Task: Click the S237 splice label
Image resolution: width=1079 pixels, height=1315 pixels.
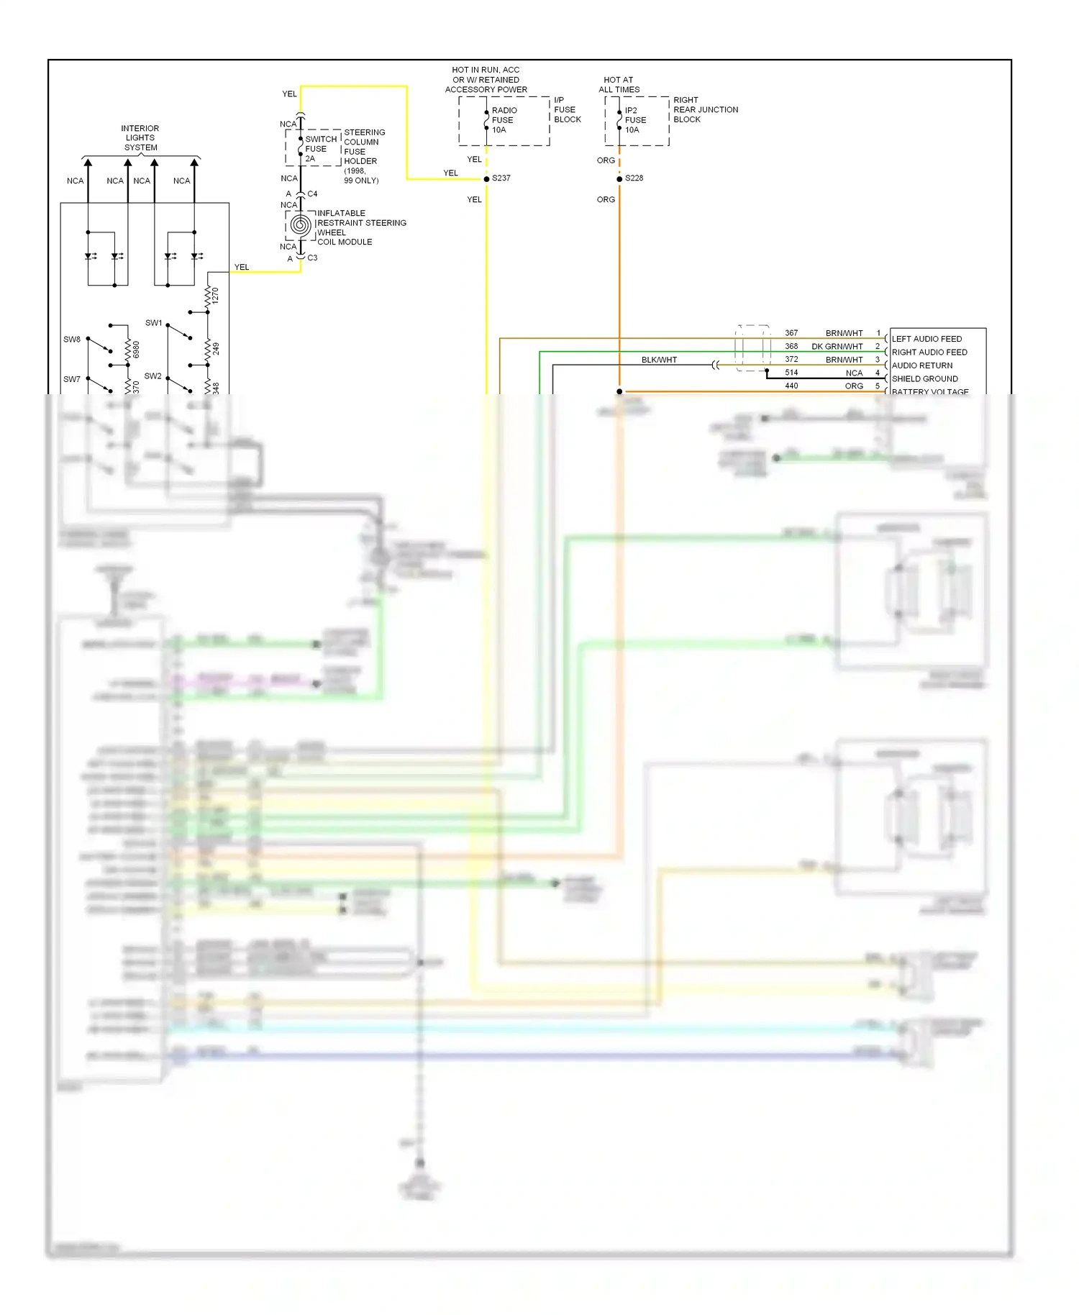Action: click(501, 178)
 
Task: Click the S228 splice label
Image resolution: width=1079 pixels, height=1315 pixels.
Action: click(634, 178)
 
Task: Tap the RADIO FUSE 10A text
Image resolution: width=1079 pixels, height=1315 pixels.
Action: click(504, 120)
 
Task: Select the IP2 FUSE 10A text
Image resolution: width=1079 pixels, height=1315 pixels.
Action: click(635, 120)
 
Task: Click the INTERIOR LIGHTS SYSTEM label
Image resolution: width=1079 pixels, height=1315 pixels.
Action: click(140, 138)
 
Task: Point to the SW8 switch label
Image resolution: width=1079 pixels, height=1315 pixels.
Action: click(72, 340)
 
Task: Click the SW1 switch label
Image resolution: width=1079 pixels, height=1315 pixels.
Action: click(154, 323)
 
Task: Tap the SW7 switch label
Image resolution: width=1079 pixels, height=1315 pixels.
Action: click(72, 379)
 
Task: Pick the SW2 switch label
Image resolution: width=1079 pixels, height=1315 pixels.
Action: click(153, 376)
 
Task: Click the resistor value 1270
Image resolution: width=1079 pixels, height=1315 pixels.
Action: click(215, 296)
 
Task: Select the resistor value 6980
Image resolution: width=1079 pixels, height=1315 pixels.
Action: click(136, 350)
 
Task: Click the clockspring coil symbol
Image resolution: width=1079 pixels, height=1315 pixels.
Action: click(301, 226)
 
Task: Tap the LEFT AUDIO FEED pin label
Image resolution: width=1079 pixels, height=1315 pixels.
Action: click(927, 339)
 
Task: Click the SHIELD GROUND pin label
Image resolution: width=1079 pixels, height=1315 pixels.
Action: click(924, 379)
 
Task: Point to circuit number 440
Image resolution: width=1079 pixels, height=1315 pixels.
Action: click(791, 386)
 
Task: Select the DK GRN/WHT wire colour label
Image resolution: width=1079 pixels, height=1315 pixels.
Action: click(837, 347)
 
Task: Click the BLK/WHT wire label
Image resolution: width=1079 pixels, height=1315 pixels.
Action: click(659, 360)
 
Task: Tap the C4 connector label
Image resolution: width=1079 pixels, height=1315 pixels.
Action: click(312, 194)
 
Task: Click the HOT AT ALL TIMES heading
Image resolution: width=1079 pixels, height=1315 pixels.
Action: click(619, 85)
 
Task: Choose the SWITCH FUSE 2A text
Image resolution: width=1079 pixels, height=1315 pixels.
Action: click(320, 149)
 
